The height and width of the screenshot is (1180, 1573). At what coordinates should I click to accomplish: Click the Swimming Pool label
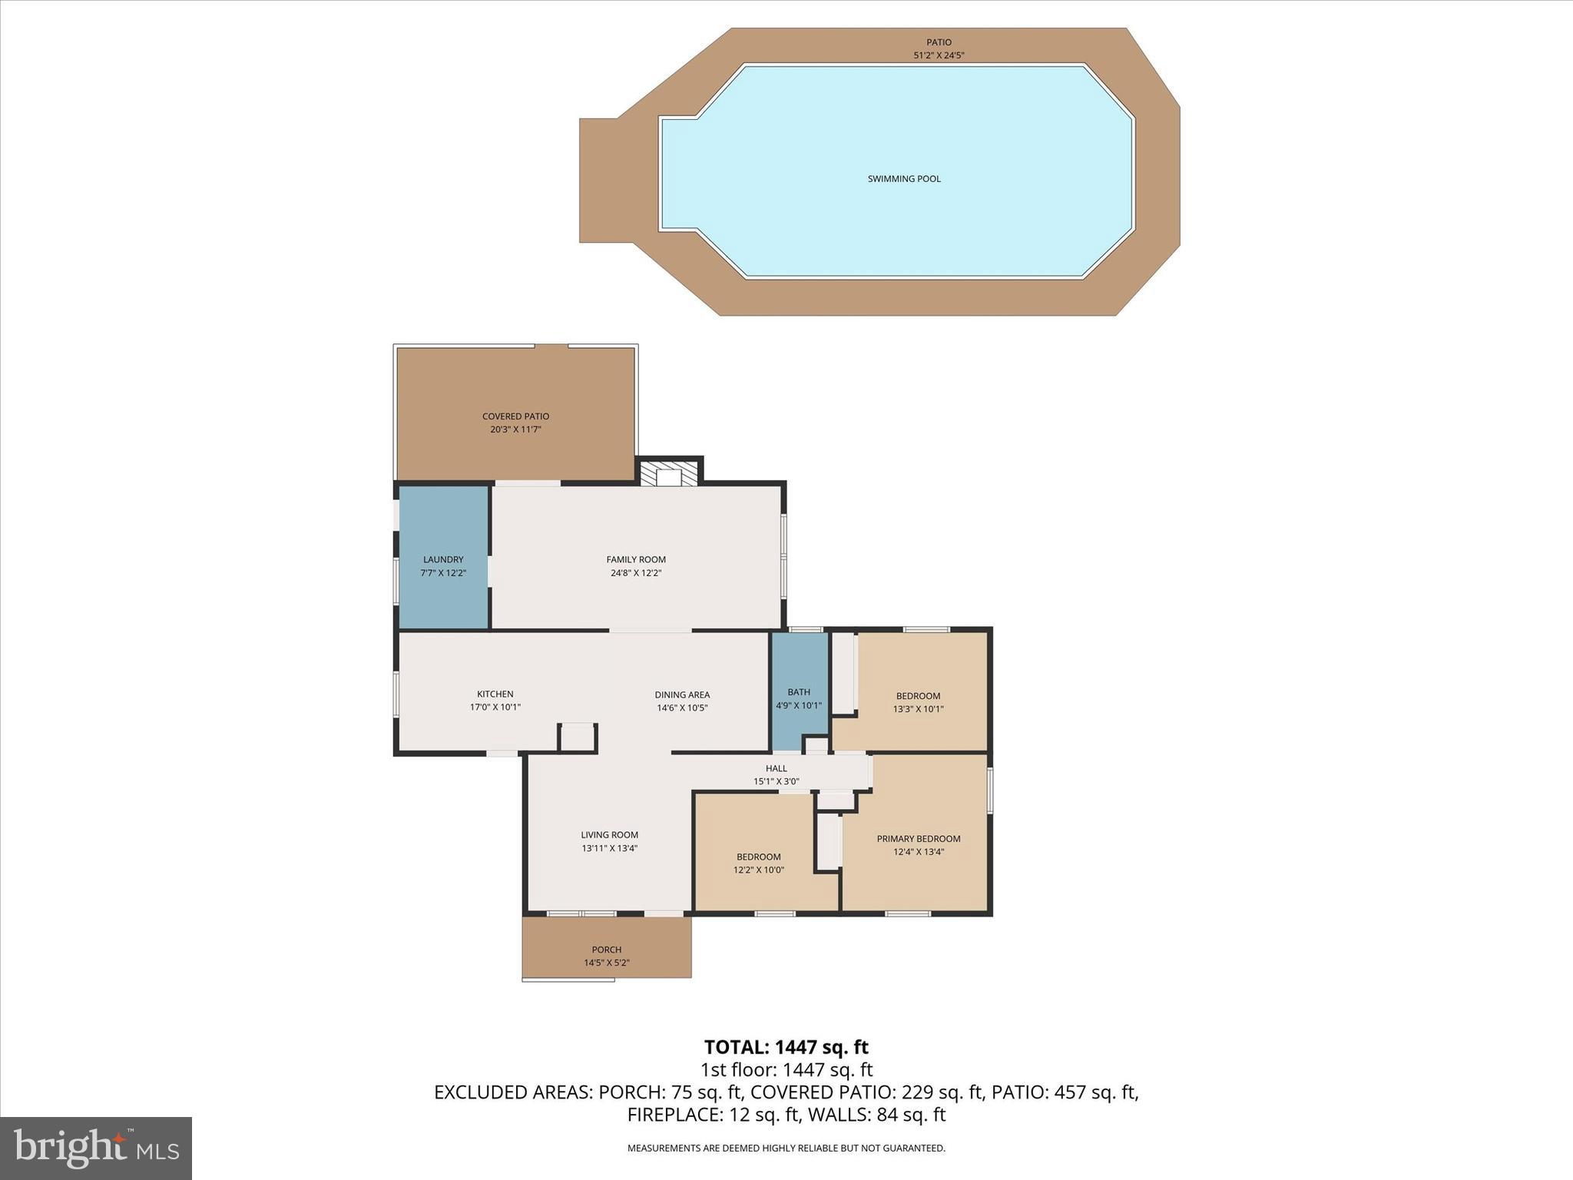coord(903,179)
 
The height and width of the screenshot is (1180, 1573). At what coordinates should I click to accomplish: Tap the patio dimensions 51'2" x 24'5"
coord(939,55)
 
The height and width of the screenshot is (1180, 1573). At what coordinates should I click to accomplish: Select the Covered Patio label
coord(515,416)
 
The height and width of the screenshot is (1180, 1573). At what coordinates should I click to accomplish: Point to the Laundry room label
coord(443,559)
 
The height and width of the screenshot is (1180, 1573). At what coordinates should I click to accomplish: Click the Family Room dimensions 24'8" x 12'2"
coord(636,573)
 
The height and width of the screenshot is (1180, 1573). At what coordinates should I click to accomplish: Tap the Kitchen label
coord(495,694)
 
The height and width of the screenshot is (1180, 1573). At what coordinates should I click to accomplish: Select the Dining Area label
coord(681,694)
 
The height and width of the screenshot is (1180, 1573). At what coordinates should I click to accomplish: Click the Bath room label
coord(798,692)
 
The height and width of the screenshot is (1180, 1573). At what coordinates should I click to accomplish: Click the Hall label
coord(776,768)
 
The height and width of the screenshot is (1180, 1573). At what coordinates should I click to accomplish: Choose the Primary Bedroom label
coord(918,839)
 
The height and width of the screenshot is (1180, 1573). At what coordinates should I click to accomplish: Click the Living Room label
coord(609,835)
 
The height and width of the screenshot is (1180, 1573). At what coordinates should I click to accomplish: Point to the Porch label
coord(606,950)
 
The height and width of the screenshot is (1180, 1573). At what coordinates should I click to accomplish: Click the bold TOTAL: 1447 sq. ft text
coord(786,1047)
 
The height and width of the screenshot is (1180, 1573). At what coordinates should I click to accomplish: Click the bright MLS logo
coord(96,1149)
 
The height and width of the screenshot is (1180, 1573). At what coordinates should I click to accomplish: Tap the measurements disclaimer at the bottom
coord(786,1149)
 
